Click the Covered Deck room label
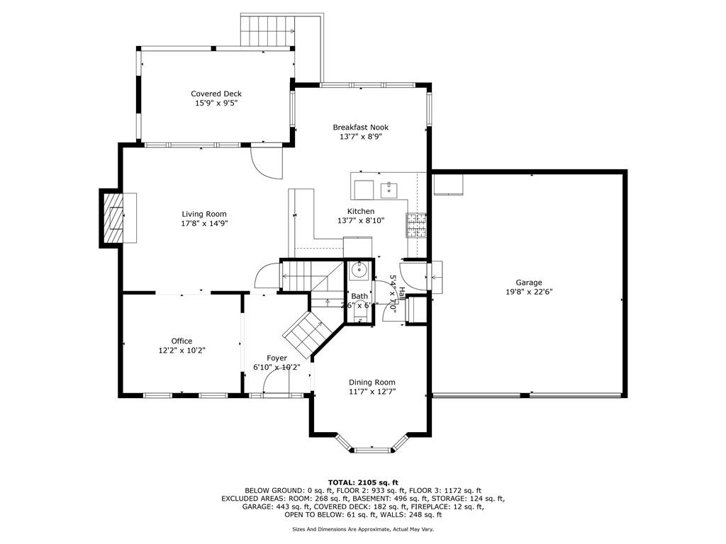tap(216, 93)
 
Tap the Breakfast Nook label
tap(360, 127)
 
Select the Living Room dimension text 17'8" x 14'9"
tap(204, 223)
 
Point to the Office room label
tap(181, 341)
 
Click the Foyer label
tap(277, 358)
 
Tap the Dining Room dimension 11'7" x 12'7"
tap(372, 391)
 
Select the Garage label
tap(528, 282)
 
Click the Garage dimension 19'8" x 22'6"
tap(528, 291)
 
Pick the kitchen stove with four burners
tap(415, 225)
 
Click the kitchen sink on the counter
tap(389, 189)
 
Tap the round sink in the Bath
tap(359, 269)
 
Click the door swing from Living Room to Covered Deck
tap(267, 161)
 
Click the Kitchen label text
tap(360, 211)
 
